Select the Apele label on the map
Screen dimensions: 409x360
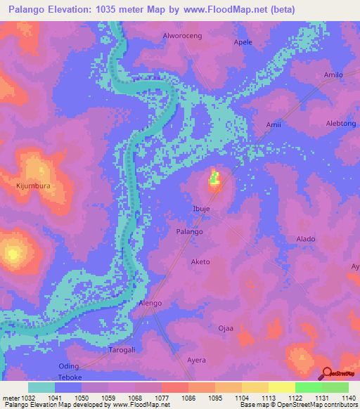243,42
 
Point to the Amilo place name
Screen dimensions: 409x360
333,74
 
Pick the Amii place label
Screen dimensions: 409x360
274,125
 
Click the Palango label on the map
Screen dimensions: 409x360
189,231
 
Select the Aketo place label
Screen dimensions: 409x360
200,261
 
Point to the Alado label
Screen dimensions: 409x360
306,239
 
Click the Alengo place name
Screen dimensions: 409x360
150,303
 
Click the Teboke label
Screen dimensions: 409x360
70,376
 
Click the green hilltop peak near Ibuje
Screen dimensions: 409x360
214,178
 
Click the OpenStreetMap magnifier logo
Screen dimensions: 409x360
326,373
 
